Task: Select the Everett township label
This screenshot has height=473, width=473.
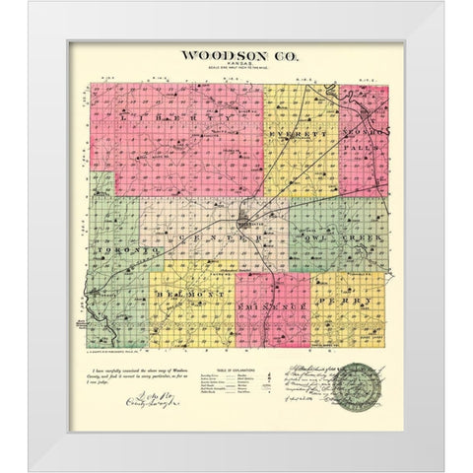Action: [x=299, y=127]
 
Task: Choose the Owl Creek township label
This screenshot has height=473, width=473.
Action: [x=334, y=239]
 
